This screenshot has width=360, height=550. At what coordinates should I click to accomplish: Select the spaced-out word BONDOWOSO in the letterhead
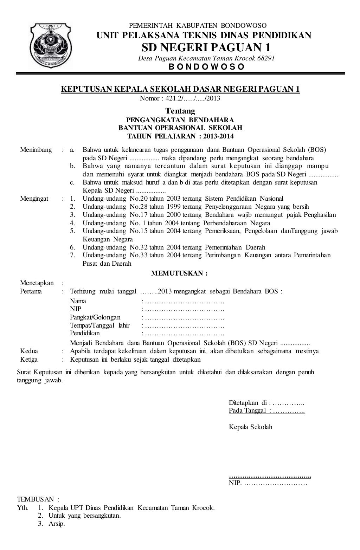point(206,67)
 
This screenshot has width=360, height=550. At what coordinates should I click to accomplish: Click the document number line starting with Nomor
point(180,98)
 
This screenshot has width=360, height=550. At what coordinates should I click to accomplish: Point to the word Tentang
point(180,111)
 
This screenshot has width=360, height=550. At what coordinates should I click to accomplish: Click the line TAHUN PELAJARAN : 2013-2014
point(180,136)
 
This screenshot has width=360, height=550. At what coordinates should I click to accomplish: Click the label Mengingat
point(34,199)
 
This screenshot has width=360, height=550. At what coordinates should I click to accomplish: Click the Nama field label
point(78,301)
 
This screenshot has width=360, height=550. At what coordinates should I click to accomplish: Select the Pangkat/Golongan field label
point(95,317)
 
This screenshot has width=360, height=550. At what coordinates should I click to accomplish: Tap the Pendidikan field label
point(85,333)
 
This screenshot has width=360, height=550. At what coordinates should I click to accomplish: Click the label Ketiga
point(29,359)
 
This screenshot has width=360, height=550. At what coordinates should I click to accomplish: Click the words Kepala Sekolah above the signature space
point(250,427)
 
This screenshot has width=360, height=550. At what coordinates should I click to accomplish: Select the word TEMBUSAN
point(36,499)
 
